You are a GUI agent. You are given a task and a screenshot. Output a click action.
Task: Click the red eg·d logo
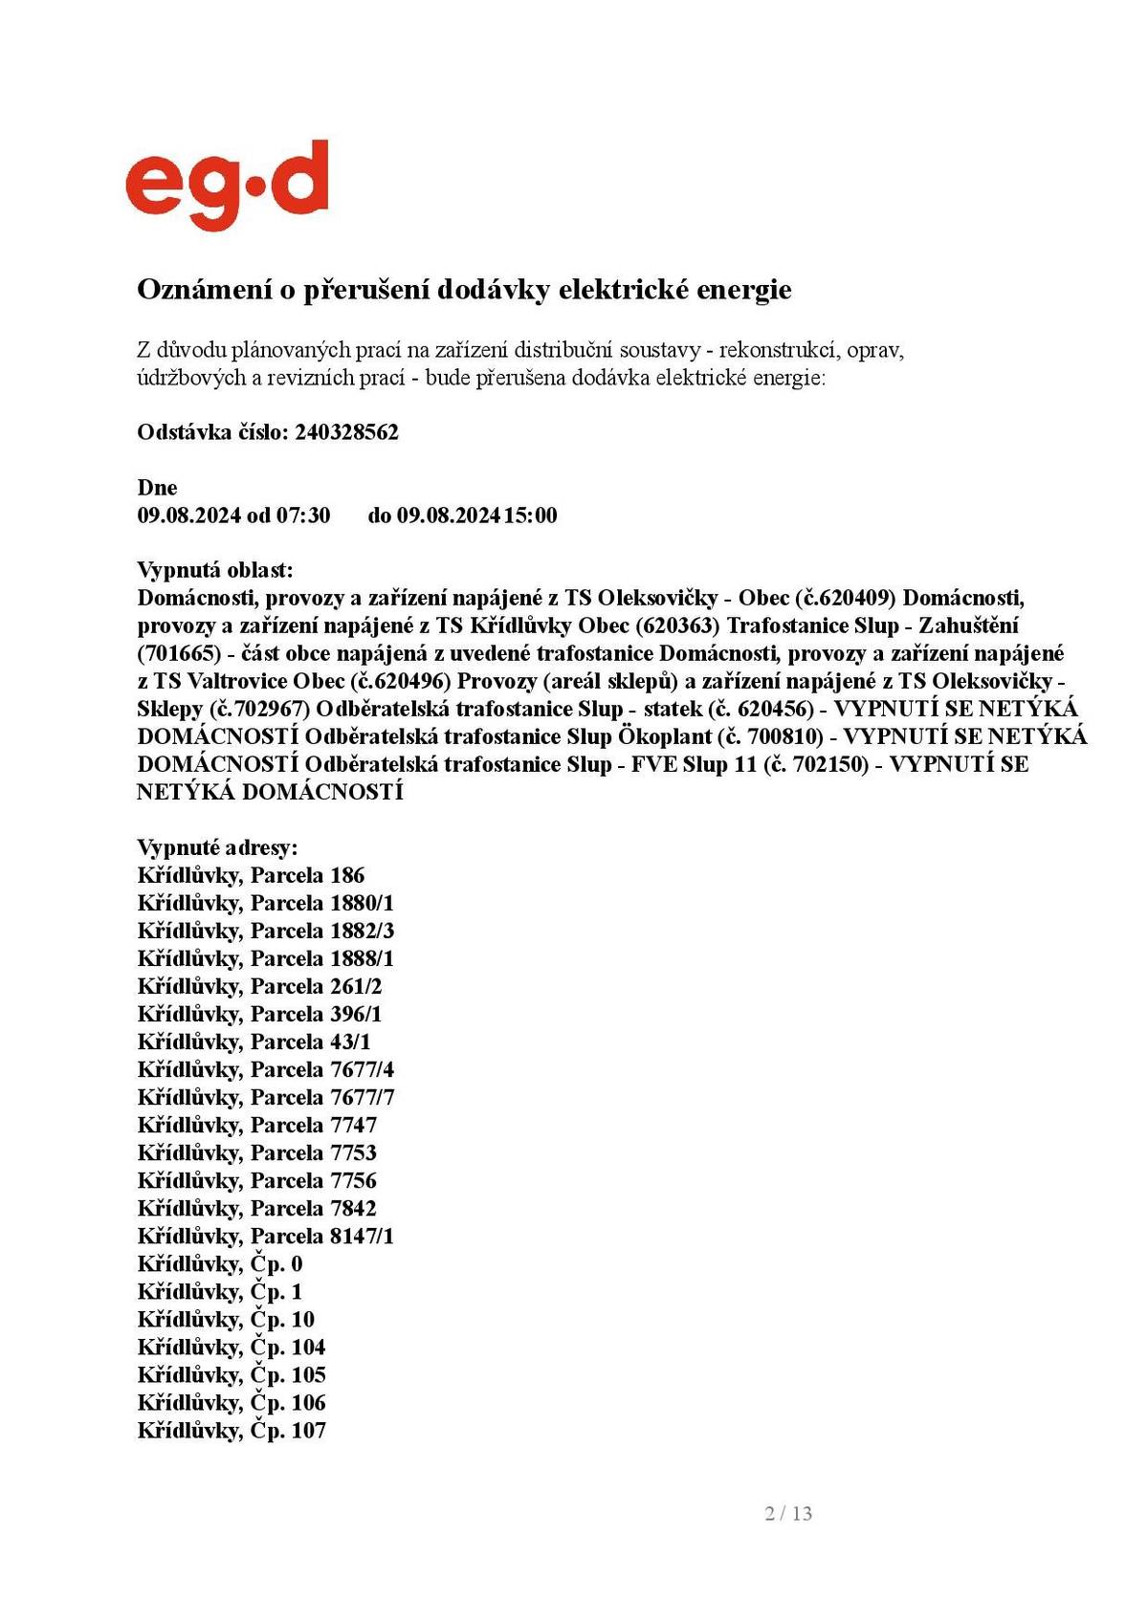click(x=227, y=184)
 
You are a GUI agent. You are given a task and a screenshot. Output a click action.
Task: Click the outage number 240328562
click(x=346, y=432)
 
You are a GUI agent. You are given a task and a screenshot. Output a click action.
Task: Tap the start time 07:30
click(x=303, y=515)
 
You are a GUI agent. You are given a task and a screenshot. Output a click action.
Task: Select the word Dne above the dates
click(x=157, y=488)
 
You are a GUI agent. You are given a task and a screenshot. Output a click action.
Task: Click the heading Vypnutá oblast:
click(x=215, y=571)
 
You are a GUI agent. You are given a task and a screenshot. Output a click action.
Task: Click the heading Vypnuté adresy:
click(x=217, y=847)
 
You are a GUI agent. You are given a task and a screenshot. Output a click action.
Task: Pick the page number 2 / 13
click(x=788, y=1513)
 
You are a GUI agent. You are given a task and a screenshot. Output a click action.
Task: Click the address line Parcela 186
click(x=251, y=875)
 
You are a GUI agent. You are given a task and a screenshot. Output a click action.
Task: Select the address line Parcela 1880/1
click(x=265, y=903)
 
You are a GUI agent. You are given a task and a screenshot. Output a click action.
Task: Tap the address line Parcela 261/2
click(x=259, y=986)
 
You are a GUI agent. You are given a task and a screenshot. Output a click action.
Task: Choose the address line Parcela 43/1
click(x=254, y=1042)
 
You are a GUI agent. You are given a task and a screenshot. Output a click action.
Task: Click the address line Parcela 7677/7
click(x=265, y=1097)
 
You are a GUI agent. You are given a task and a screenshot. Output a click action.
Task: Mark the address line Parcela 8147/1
click(x=265, y=1236)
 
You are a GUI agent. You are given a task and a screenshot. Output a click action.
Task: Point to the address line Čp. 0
click(x=219, y=1263)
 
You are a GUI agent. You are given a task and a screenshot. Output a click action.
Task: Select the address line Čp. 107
click(x=231, y=1431)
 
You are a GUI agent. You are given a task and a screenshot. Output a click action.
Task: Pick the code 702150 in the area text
click(x=828, y=765)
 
